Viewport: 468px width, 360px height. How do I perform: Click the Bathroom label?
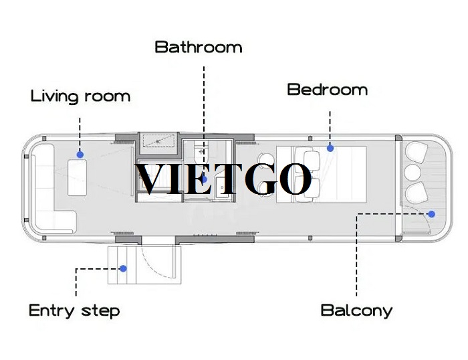pyautogui.click(x=199, y=48)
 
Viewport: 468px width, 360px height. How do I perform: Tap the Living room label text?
pyautogui.click(x=81, y=96)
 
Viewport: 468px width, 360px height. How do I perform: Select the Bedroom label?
pyautogui.click(x=327, y=90)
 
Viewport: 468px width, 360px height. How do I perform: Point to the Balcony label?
pyautogui.click(x=356, y=310)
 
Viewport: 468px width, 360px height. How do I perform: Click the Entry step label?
pyautogui.click(x=74, y=310)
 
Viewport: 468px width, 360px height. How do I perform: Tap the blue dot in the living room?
pyautogui.click(x=80, y=155)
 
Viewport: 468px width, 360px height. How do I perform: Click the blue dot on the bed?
pyautogui.click(x=330, y=148)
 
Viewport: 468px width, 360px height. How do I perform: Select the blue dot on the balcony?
pyautogui.click(x=431, y=214)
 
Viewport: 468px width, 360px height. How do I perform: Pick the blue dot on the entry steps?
pyautogui.click(x=123, y=268)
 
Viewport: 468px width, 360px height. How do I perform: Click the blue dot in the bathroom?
pyautogui.click(x=204, y=179)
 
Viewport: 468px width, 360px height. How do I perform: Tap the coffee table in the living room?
pyautogui.click(x=77, y=178)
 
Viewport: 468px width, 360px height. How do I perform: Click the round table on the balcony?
pyautogui.click(x=413, y=173)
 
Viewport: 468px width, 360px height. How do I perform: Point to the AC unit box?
pyautogui.click(x=158, y=141)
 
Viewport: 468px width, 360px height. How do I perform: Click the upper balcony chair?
pyautogui.click(x=416, y=152)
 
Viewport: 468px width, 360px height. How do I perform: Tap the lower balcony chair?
pyautogui.click(x=416, y=193)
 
